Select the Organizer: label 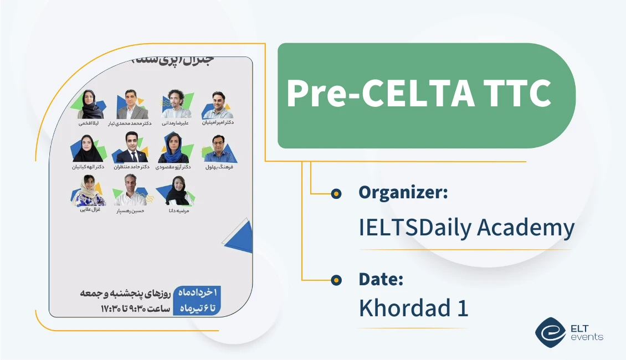pyautogui.click(x=403, y=192)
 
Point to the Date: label pyautogui.click(x=381, y=279)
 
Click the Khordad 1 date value pyautogui.click(x=413, y=308)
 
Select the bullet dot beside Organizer pyautogui.click(x=335, y=193)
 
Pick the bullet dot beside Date pyautogui.click(x=335, y=280)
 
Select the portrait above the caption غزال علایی pyautogui.click(x=89, y=191)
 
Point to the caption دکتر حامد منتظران pyautogui.click(x=131, y=167)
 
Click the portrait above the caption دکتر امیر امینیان pyautogui.click(x=218, y=105)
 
